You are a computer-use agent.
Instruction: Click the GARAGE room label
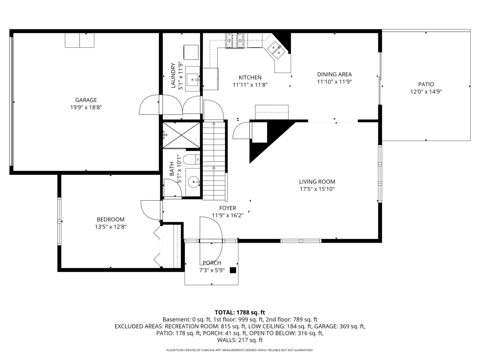(x=86, y=100)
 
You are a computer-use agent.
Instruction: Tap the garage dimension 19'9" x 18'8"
(x=86, y=107)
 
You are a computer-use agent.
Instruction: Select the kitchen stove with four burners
(x=235, y=41)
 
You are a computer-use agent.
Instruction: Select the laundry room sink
(x=192, y=79)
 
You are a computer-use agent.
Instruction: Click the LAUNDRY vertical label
(x=173, y=76)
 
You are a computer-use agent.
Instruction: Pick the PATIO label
(x=426, y=84)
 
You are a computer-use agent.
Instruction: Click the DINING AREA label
(x=334, y=74)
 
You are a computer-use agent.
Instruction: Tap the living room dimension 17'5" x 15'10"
(x=317, y=189)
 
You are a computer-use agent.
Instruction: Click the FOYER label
(x=228, y=208)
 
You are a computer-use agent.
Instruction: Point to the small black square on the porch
(x=233, y=270)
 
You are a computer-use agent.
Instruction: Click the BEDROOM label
(x=111, y=219)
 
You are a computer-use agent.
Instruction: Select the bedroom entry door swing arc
(x=150, y=210)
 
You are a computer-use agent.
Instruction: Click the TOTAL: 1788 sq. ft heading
(x=240, y=312)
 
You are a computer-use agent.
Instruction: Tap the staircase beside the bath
(x=214, y=160)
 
